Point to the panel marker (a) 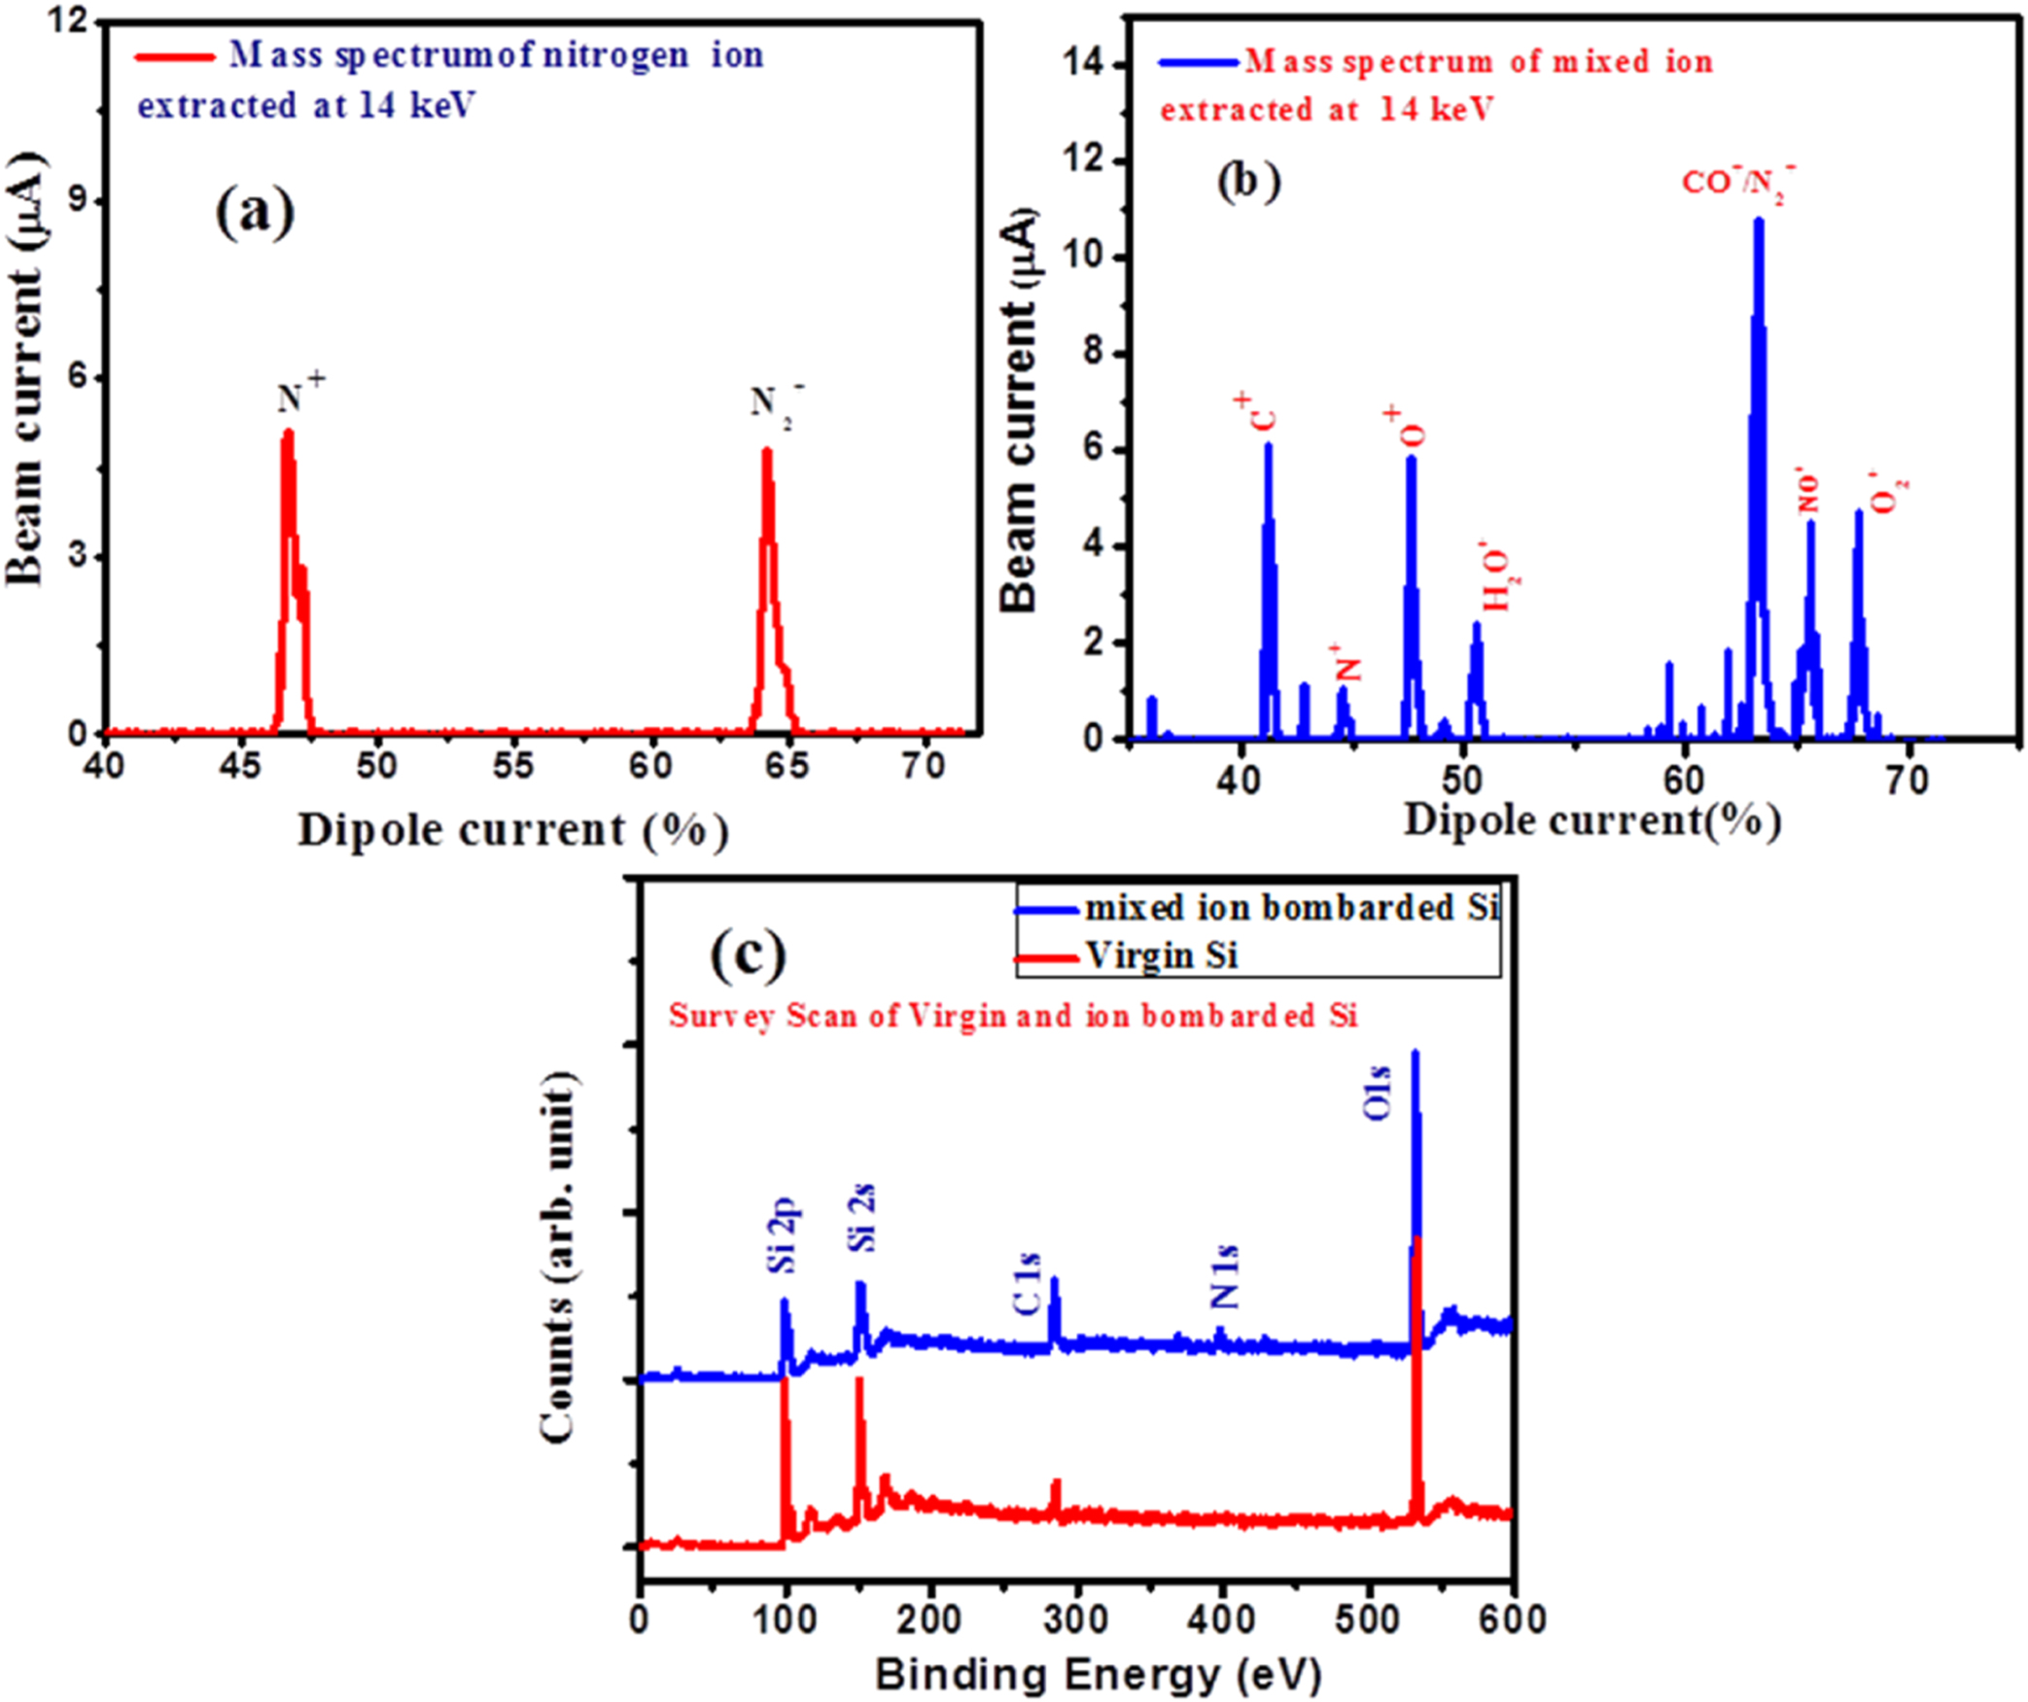(x=255, y=212)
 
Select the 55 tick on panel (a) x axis (x=512, y=766)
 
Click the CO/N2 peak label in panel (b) (x=1738, y=183)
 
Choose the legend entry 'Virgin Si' (x=1162, y=955)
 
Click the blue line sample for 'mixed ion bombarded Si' (x=1046, y=910)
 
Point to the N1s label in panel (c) (x=1225, y=1276)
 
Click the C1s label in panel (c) (x=1028, y=1284)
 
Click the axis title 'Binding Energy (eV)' (x=1098, y=1674)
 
